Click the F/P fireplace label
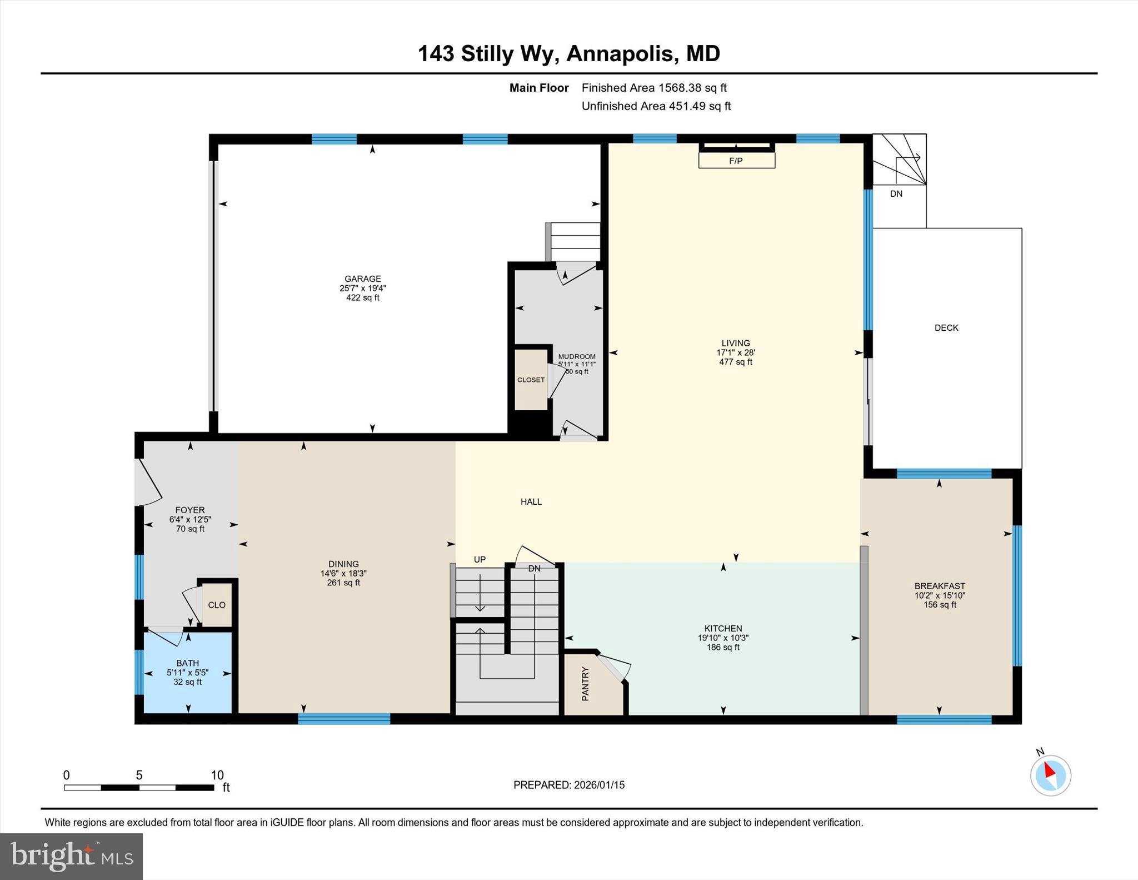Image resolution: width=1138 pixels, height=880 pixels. [736, 161]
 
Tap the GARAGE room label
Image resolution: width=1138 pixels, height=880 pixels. [363, 279]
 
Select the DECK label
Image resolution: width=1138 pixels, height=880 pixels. [946, 328]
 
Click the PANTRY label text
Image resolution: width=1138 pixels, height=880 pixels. [585, 684]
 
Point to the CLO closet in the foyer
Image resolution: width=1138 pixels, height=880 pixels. [217, 605]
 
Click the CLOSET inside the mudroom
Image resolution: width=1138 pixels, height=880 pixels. [531, 380]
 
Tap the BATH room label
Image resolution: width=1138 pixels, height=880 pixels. [188, 663]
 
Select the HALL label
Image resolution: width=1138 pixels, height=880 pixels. [531, 502]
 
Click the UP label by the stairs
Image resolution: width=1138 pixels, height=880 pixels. [480, 560]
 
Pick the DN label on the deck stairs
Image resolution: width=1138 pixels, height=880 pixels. [896, 194]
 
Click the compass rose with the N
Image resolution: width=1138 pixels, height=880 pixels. [1050, 775]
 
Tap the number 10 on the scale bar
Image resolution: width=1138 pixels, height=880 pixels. [217, 775]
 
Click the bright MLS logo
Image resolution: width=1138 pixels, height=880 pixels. [71, 856]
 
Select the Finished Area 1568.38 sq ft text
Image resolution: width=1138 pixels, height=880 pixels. [654, 88]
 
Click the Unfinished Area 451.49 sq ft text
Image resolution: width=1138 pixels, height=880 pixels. [656, 106]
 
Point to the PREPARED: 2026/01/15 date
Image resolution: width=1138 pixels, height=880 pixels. [569, 785]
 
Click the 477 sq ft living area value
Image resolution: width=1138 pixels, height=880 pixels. [736, 362]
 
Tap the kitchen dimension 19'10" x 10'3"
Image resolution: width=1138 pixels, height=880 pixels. [723, 638]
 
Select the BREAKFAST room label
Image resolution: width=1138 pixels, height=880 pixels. [940, 586]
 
